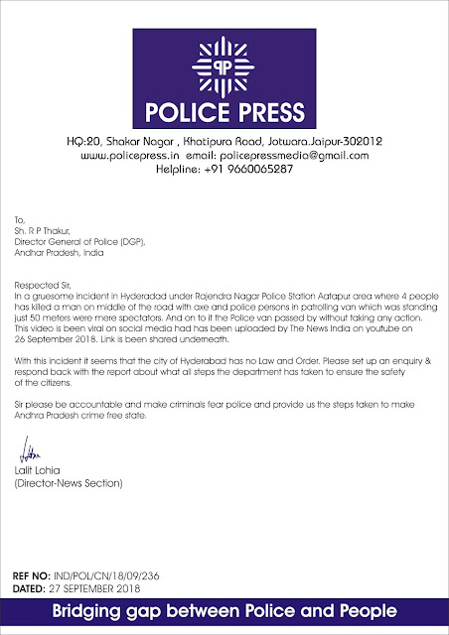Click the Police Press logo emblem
click(224, 66)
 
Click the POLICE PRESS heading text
click(224, 108)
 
